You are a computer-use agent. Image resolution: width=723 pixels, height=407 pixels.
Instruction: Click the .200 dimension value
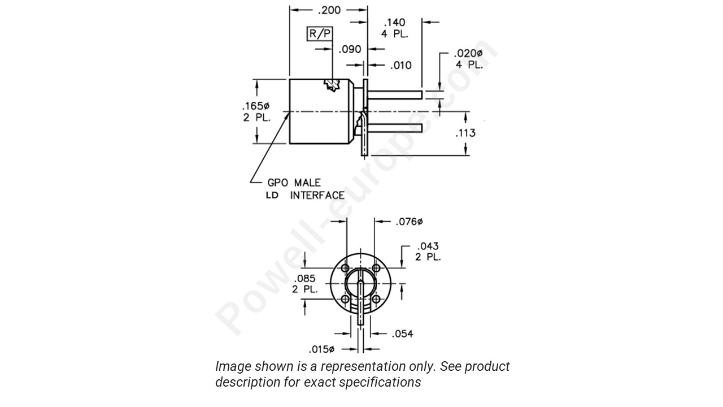[329, 10]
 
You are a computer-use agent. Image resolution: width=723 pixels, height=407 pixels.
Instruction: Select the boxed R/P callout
[319, 34]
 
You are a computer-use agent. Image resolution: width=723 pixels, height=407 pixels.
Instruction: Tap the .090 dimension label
[350, 50]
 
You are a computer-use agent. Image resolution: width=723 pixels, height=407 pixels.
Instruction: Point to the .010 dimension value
[401, 66]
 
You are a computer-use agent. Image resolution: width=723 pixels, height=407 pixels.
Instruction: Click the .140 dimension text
[394, 23]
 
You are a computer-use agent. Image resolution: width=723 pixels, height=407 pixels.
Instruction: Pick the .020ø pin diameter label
[468, 54]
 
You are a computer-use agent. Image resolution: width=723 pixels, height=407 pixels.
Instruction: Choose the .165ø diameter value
[255, 106]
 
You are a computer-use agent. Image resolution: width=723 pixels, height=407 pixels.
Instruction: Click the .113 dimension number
[465, 133]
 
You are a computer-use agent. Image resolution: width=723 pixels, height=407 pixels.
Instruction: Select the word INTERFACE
[317, 196]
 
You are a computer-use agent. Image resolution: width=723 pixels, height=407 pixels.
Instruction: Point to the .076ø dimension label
[409, 222]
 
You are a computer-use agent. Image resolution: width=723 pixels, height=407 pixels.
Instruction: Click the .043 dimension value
[427, 246]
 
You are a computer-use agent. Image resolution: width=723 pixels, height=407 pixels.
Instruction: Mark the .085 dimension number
[305, 278]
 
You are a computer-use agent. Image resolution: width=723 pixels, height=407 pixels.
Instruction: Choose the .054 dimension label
[402, 334]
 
